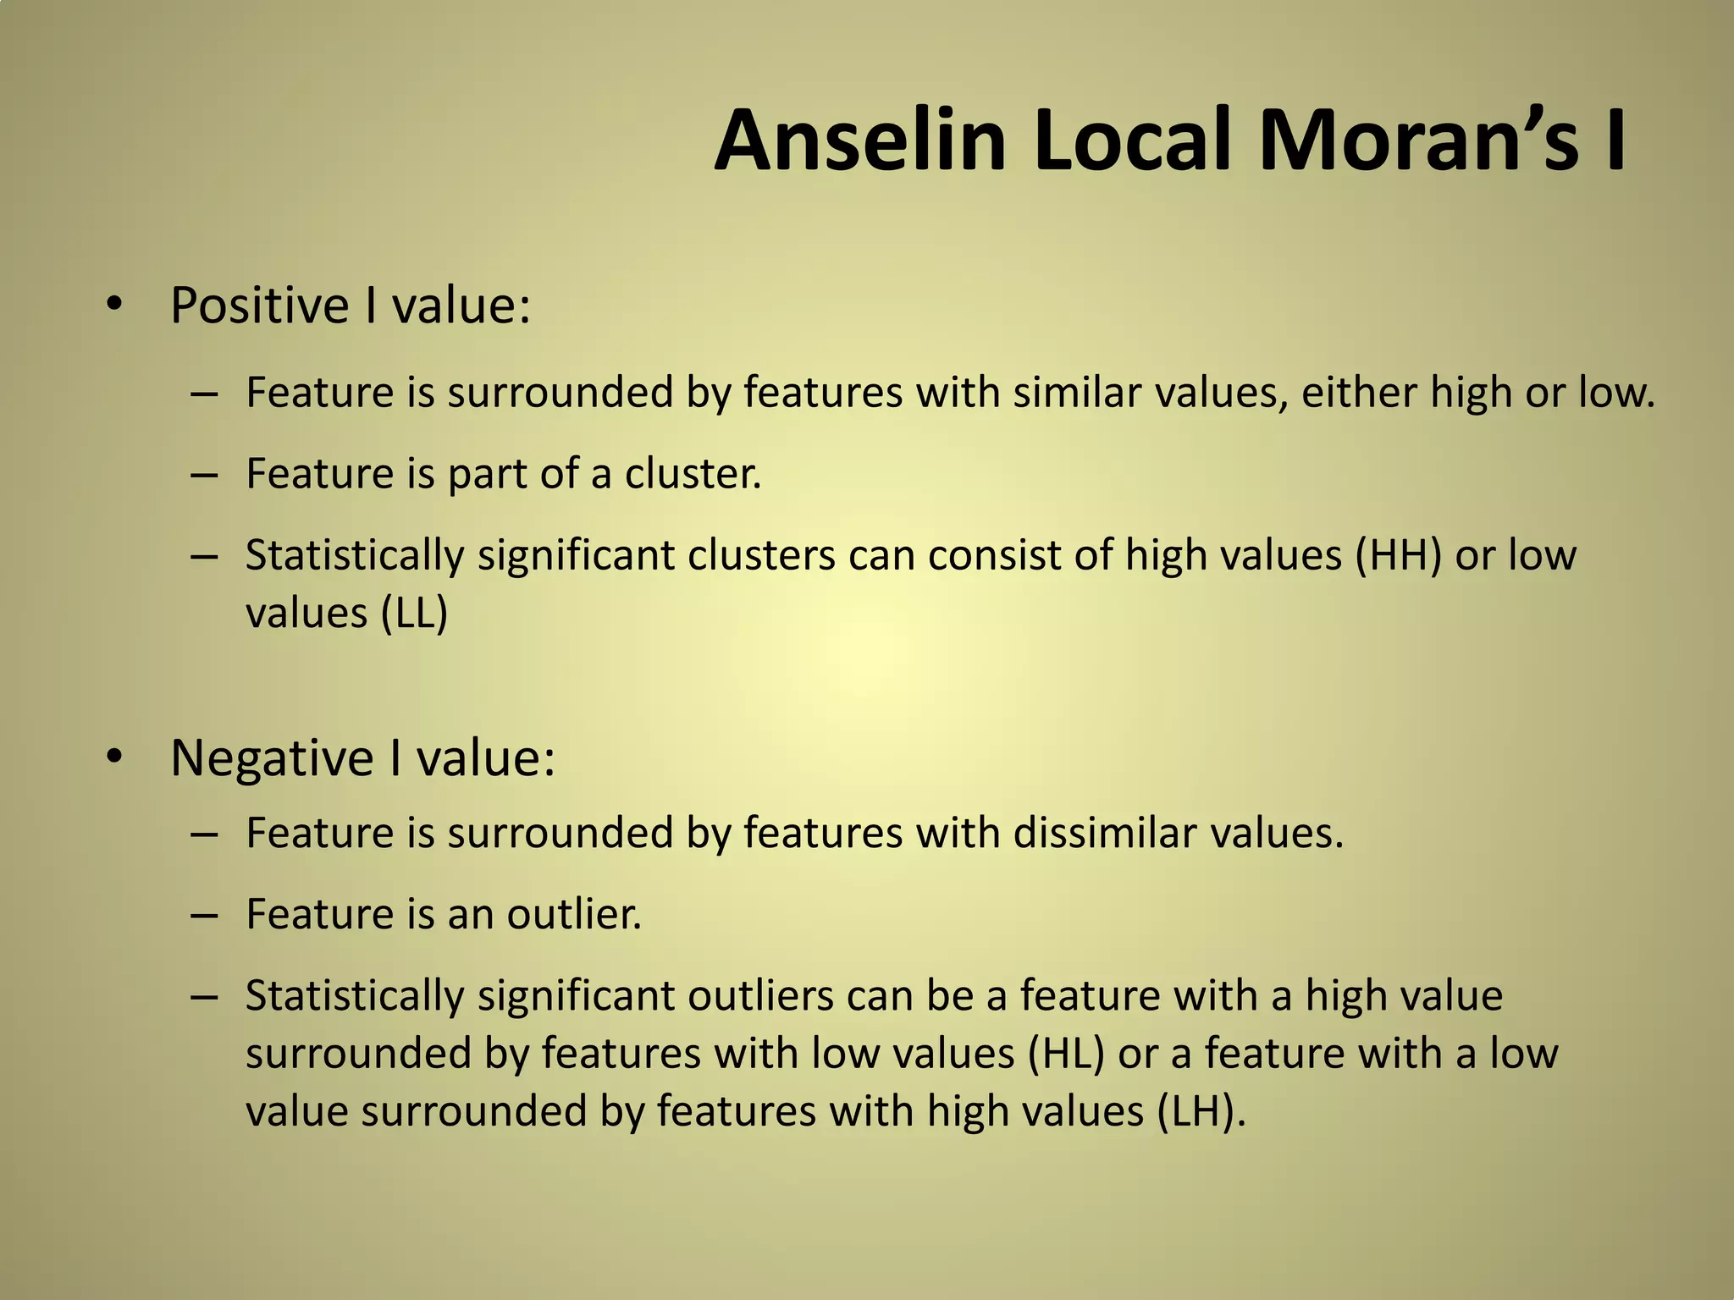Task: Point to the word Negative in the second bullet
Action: [271, 757]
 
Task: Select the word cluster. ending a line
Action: [693, 474]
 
